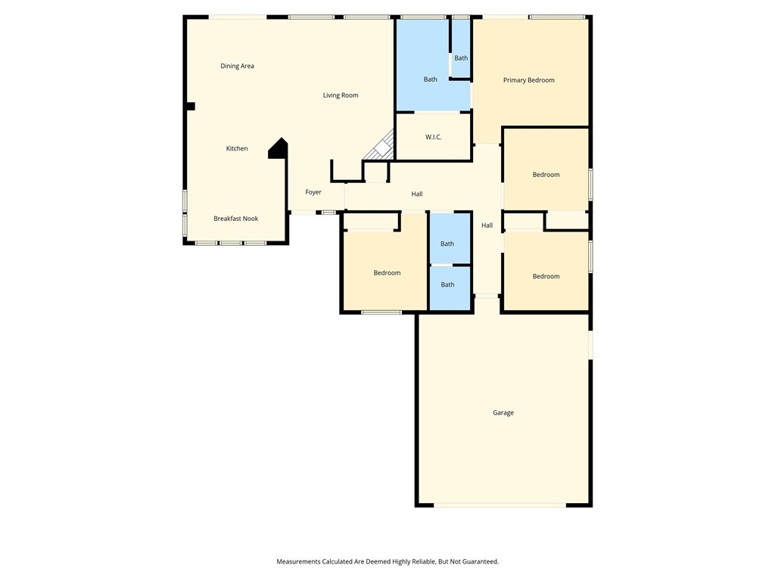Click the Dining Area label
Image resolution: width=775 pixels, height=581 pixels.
point(237,66)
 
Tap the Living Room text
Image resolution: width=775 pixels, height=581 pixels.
point(341,95)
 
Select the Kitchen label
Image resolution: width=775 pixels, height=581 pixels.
point(237,148)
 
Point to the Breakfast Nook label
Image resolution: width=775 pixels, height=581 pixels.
point(235,219)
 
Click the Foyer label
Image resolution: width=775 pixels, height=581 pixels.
point(313,192)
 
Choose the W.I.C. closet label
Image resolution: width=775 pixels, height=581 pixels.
point(433,137)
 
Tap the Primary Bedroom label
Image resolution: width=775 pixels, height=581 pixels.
point(529,80)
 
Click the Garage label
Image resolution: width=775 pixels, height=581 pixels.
point(503,413)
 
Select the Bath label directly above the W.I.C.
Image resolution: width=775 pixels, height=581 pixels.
point(430,79)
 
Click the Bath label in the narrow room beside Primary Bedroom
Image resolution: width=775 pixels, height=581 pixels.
point(461,58)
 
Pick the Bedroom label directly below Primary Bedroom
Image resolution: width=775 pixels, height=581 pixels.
point(546,175)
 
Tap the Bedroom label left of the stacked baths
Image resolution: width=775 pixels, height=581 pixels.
point(387,273)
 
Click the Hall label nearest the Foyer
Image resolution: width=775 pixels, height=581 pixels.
point(417,194)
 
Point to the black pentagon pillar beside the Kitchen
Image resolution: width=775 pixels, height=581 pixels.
point(279,149)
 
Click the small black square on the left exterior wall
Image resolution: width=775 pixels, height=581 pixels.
point(191,107)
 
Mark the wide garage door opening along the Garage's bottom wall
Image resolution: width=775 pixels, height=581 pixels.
point(500,505)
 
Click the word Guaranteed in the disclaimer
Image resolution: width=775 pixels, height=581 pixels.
point(478,561)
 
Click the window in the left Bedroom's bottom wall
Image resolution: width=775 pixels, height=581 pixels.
point(381,312)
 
